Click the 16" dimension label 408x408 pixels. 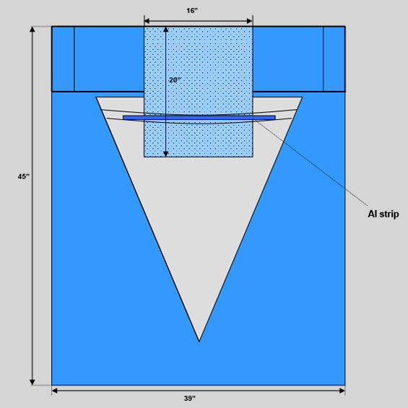point(192,11)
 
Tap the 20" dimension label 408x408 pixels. point(175,80)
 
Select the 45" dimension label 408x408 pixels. point(23,176)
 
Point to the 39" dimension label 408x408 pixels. point(189,398)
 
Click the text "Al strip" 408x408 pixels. point(383,214)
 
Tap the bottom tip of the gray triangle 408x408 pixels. point(199,342)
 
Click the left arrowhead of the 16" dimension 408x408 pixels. point(147,21)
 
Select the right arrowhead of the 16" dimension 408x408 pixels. point(250,21)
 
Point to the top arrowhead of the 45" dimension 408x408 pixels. point(32,29)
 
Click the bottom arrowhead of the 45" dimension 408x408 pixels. point(32,382)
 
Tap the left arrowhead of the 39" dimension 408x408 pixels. point(54,390)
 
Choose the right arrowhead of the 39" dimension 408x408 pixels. point(342,390)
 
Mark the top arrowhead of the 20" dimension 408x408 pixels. point(166,30)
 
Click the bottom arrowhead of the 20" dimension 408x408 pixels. point(166,154)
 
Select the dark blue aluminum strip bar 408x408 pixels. point(199,118)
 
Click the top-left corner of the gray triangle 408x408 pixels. point(96,97)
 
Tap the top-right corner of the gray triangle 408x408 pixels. point(302,97)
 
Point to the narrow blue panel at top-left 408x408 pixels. point(63,59)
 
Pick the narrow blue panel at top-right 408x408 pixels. point(334,59)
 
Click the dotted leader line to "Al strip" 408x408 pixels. point(312,163)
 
